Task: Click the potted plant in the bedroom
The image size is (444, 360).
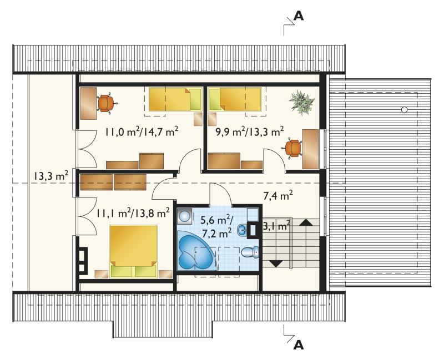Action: pyautogui.click(x=301, y=103)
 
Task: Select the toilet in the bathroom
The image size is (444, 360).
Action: pyautogui.click(x=250, y=252)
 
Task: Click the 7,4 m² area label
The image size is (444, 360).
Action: pyautogui.click(x=278, y=196)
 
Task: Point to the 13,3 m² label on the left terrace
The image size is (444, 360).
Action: pyautogui.click(x=51, y=176)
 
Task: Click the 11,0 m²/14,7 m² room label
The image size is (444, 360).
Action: pyautogui.click(x=142, y=131)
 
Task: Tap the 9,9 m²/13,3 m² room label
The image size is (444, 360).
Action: pyautogui.click(x=249, y=131)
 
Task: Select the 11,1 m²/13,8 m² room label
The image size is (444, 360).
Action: pyautogui.click(x=133, y=213)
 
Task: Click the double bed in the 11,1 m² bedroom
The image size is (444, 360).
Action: pyautogui.click(x=133, y=251)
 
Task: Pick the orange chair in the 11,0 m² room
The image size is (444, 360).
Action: pyautogui.click(x=106, y=103)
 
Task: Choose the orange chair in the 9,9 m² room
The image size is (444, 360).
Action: pyautogui.click(x=292, y=148)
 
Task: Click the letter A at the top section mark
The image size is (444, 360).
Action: pyautogui.click(x=299, y=16)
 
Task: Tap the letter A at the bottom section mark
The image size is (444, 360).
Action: pyautogui.click(x=299, y=344)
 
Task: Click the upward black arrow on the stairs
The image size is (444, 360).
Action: pyautogui.click(x=306, y=222)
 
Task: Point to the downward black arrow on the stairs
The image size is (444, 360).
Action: pyautogui.click(x=276, y=264)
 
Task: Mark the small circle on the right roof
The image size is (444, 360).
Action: pyautogui.click(x=405, y=109)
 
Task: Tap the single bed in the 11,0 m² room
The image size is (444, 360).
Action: pyautogui.click(x=175, y=99)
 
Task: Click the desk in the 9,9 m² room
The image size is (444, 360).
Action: pyautogui.click(x=310, y=149)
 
